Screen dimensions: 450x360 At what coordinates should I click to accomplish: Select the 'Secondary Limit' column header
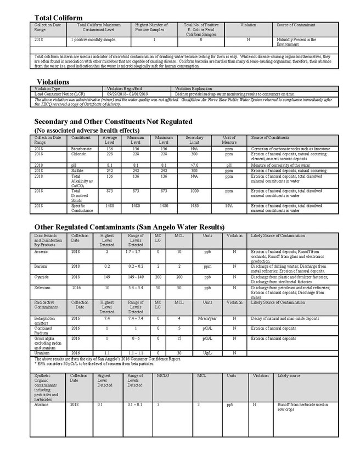tap(194, 139)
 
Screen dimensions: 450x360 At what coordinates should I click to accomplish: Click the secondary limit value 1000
tap(194, 190)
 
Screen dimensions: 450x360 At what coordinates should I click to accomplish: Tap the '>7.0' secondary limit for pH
tap(194, 165)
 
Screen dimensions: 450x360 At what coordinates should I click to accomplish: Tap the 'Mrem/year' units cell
tap(207, 318)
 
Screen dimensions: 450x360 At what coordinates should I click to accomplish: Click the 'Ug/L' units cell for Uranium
tap(207, 352)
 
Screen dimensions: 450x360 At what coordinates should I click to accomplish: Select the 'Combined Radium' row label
tap(44, 329)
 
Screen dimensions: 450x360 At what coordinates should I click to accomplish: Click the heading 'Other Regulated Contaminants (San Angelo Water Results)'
tap(129, 227)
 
